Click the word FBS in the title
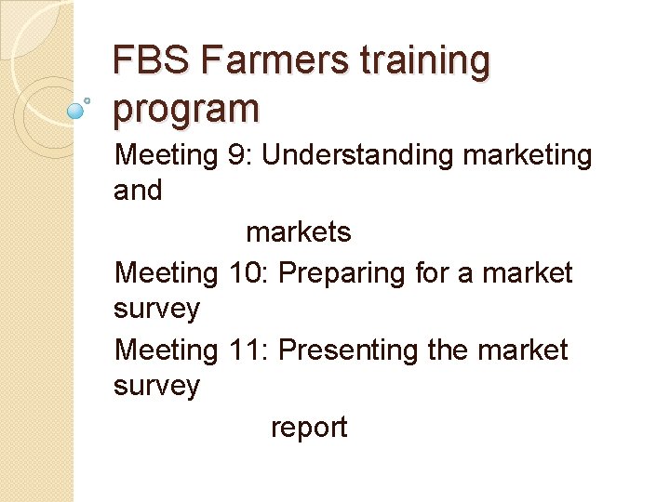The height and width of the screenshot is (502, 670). pyautogui.click(x=151, y=62)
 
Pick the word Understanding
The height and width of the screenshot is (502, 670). pyautogui.click(x=357, y=155)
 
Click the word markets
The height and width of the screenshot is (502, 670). pyautogui.click(x=298, y=232)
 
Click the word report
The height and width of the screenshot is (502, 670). pyautogui.click(x=308, y=429)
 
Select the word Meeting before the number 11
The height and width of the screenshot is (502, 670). pyautogui.click(x=165, y=351)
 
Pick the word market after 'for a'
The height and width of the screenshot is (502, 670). pyautogui.click(x=528, y=273)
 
